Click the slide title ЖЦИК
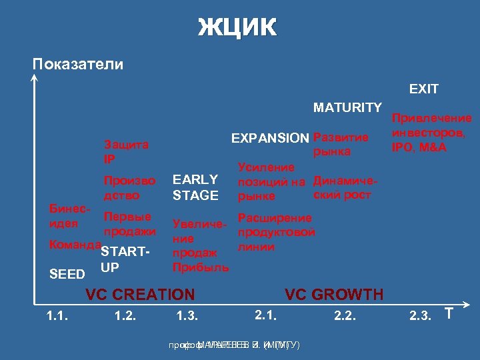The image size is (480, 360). pos(237,28)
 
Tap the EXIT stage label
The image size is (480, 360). pos(423,89)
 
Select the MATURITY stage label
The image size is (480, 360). pos(347,107)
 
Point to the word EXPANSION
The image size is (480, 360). pos(270,138)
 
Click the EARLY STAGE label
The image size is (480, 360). pos(195,187)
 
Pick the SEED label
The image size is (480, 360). pos(68,275)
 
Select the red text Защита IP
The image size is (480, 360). pos(125,152)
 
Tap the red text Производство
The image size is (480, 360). pos(129,187)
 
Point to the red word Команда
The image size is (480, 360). pos(74,245)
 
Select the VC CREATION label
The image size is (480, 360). pos(140,294)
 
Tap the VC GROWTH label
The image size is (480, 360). pos(334,294)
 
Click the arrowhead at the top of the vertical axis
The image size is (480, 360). pos(33,79)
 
